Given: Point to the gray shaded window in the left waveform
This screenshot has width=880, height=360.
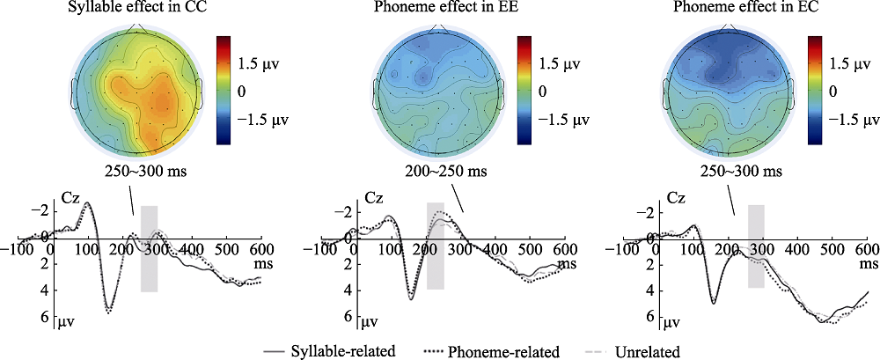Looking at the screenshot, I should (x=149, y=248).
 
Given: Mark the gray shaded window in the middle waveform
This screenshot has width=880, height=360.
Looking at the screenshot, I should (x=435, y=245).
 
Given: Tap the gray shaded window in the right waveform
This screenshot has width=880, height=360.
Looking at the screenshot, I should (x=756, y=246).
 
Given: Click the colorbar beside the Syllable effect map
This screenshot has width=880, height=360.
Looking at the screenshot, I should (x=224, y=89).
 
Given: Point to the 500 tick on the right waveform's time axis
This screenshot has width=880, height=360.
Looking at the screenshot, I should (x=826, y=249).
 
